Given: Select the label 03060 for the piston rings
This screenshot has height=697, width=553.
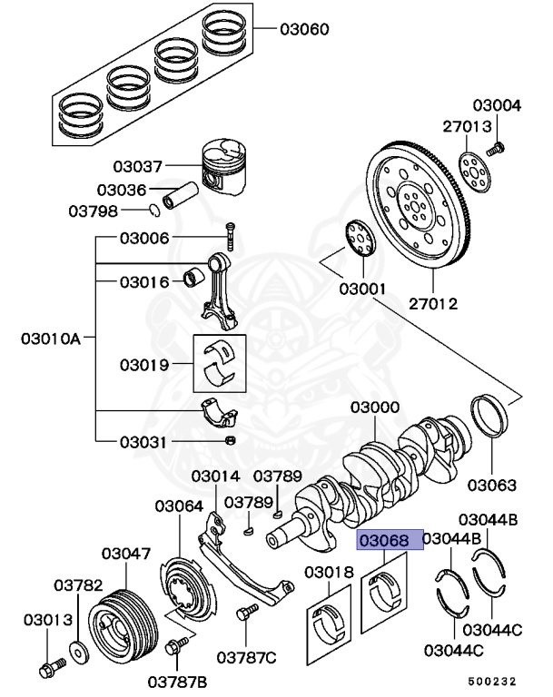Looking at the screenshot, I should pos(304,29).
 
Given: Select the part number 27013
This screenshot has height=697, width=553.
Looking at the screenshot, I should pos(467,126).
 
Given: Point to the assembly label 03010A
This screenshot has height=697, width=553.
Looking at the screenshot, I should pos(51,339).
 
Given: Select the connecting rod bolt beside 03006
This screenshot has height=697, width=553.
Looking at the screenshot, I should pos(230,236).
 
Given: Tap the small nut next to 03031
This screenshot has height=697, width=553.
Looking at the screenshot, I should pos(230,441).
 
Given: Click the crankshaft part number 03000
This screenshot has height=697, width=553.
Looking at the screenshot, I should pos(375,408).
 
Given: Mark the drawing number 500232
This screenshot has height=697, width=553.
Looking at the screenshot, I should pos(494,679).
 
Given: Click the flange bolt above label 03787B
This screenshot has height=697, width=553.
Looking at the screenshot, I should pos(176,647).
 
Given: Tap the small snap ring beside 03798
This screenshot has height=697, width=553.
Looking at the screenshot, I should pos(155,211).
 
